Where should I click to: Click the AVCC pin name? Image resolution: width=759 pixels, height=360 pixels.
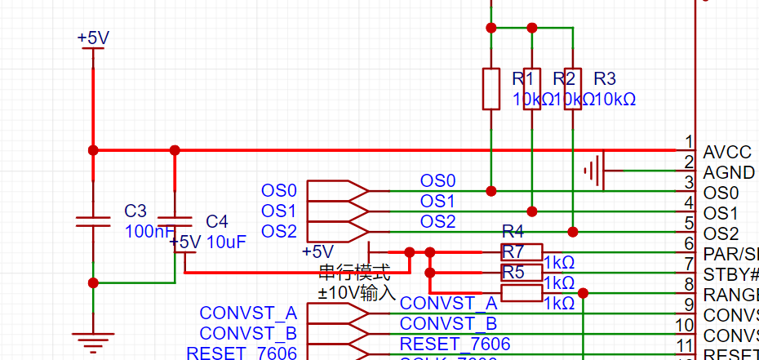click(726, 152)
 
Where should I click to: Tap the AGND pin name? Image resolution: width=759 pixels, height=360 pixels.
click(729, 172)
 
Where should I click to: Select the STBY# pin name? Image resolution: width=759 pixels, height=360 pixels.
click(730, 273)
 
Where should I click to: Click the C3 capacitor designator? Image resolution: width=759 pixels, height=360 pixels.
click(135, 211)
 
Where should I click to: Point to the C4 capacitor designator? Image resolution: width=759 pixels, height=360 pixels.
click(217, 221)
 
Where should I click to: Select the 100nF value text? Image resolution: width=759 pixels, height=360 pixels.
click(149, 232)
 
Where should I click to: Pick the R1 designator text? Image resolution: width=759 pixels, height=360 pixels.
click(523, 79)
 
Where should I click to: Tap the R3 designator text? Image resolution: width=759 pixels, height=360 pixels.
click(605, 79)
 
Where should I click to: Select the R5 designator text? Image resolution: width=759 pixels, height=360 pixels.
click(513, 272)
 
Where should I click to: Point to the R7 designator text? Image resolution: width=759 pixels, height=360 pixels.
click(513, 251)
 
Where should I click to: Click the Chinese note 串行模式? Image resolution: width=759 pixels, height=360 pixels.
click(354, 272)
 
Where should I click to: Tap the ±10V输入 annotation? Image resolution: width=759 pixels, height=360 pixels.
click(357, 291)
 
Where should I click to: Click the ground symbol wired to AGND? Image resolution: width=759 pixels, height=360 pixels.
click(593, 171)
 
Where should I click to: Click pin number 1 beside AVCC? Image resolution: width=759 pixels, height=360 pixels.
click(690, 142)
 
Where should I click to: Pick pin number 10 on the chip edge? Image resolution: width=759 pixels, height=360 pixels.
click(686, 325)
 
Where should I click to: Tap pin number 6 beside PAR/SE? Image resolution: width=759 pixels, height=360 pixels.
click(690, 243)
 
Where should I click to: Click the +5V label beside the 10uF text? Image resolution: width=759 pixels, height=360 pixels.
click(185, 242)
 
